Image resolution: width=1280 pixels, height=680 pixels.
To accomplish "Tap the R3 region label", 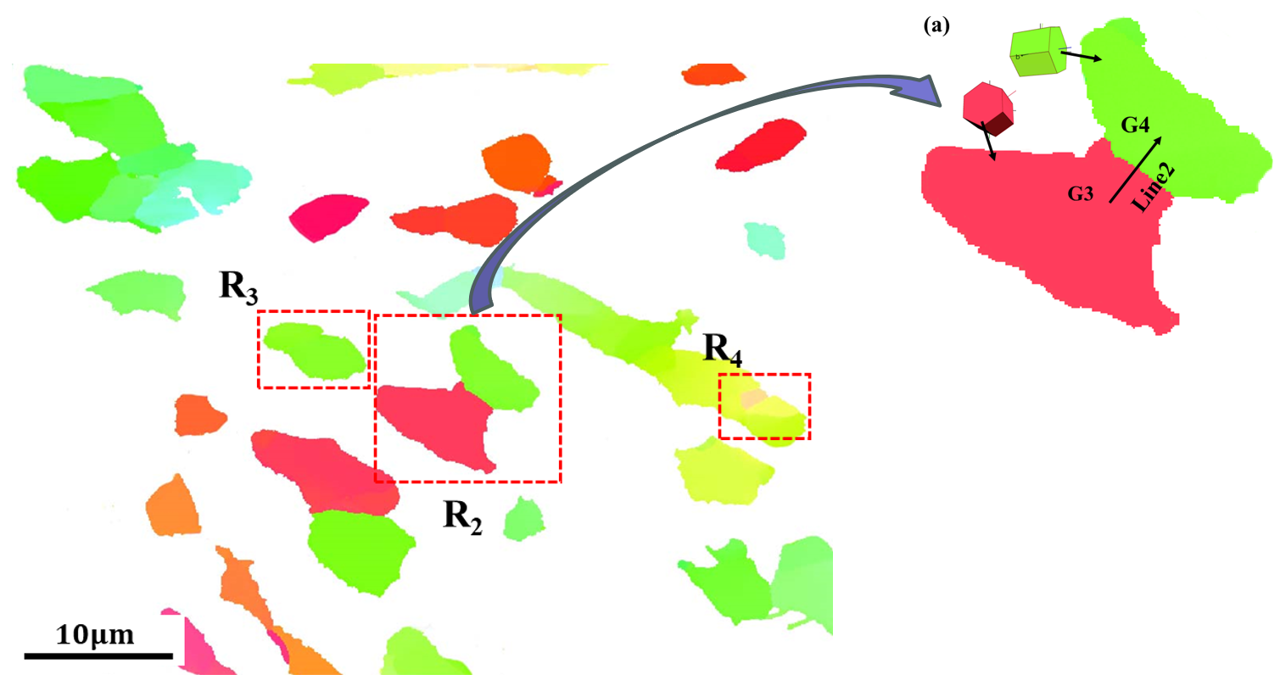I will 238,289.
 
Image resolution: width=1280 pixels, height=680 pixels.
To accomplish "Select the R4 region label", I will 723,351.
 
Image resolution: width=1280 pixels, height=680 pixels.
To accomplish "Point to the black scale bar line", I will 98,655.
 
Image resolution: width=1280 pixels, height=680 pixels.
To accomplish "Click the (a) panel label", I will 936,26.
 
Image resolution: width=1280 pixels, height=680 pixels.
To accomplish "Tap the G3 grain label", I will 1081,194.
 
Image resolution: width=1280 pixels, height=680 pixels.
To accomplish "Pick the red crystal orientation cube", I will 988,106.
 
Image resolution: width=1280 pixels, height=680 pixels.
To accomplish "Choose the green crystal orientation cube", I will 1037,52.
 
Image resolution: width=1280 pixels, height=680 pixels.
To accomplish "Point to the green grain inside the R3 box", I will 315,350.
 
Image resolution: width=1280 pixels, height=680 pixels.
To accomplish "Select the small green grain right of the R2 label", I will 524,518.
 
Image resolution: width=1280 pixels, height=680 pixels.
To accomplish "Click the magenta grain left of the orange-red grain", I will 329,216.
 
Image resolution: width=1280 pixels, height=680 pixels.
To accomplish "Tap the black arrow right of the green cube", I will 1083,56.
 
